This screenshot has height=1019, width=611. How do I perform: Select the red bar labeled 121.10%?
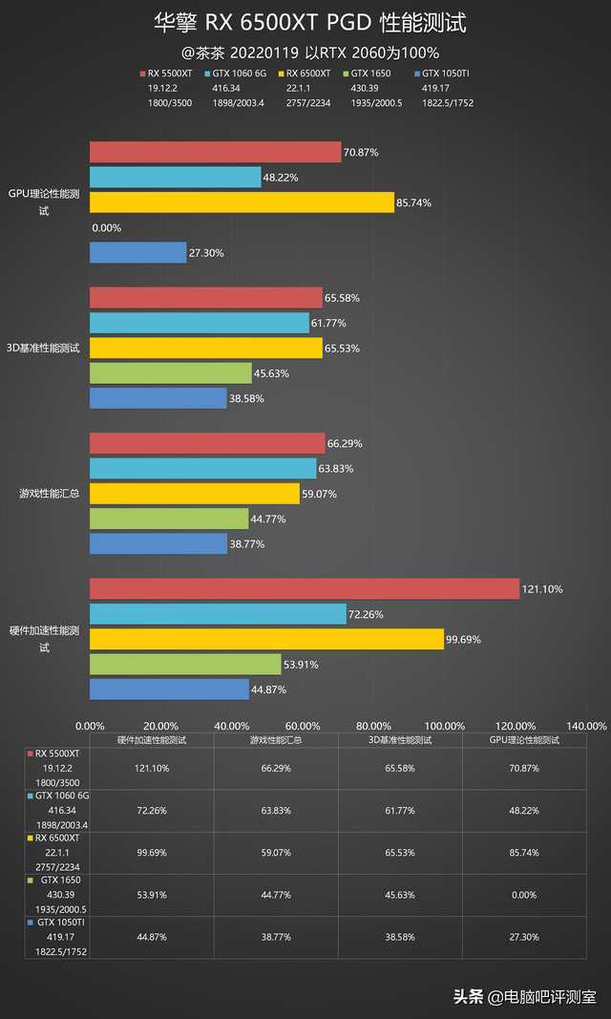point(305,589)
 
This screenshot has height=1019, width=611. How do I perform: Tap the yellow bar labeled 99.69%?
point(266,639)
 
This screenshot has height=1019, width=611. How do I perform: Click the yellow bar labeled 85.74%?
point(242,202)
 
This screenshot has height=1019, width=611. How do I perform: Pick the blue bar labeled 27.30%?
point(137,252)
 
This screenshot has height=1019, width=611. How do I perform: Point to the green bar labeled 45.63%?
point(171,373)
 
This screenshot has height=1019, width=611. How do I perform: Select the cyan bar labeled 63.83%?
point(202,468)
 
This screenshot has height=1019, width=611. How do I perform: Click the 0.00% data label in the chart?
point(107,228)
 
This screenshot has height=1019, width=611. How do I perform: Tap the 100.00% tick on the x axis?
point(445,726)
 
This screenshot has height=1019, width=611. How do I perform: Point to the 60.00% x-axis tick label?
point(303,726)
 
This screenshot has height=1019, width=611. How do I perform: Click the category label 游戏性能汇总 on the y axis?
point(49,494)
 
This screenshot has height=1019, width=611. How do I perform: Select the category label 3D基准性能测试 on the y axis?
point(43,348)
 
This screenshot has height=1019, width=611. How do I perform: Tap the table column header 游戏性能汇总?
point(276,740)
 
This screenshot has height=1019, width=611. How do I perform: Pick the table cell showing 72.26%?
point(152,810)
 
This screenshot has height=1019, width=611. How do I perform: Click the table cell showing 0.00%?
point(524,894)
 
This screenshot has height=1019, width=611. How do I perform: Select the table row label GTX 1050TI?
point(60,923)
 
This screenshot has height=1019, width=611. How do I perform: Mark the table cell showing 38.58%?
point(400,936)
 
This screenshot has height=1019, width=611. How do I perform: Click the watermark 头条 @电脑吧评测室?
point(524,997)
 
